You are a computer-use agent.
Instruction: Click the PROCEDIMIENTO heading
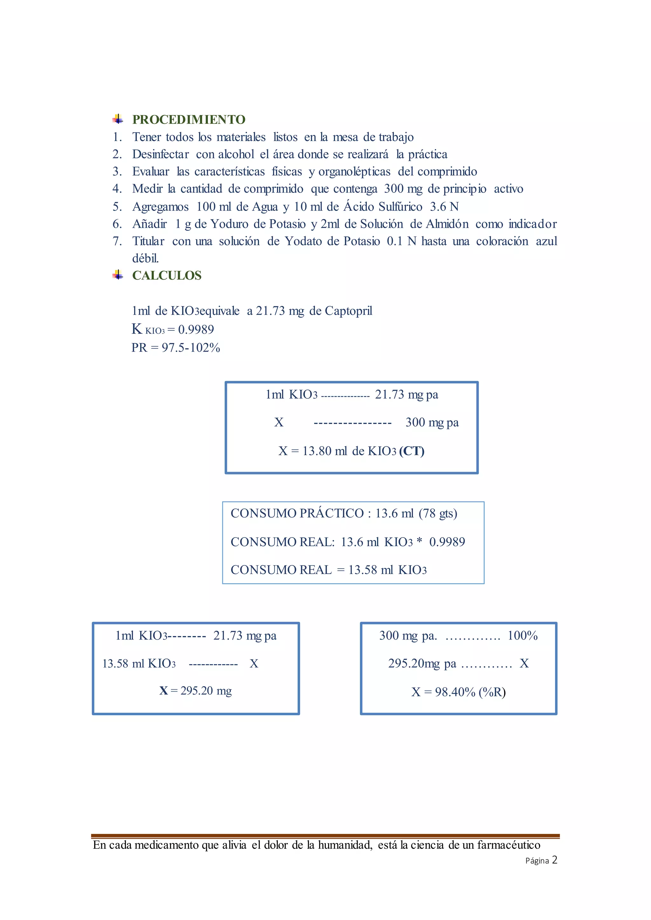pos(188,119)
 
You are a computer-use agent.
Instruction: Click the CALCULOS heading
pos(167,275)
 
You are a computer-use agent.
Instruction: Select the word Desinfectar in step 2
pos(160,154)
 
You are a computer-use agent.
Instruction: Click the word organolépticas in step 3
pos(354,172)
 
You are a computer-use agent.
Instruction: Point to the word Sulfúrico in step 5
pos(400,206)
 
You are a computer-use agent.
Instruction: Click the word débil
pos(146,258)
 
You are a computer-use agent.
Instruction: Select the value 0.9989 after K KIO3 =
pos(196,329)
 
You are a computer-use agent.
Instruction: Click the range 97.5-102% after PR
pos(191,348)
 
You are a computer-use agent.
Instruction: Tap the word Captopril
pos(348,311)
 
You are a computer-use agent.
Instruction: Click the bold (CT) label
pos(411,451)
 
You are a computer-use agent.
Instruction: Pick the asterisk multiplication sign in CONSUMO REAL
pos(419,541)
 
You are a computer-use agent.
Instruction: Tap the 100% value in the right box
pos(522,635)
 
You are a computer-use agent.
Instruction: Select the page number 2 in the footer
pos(554,860)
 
